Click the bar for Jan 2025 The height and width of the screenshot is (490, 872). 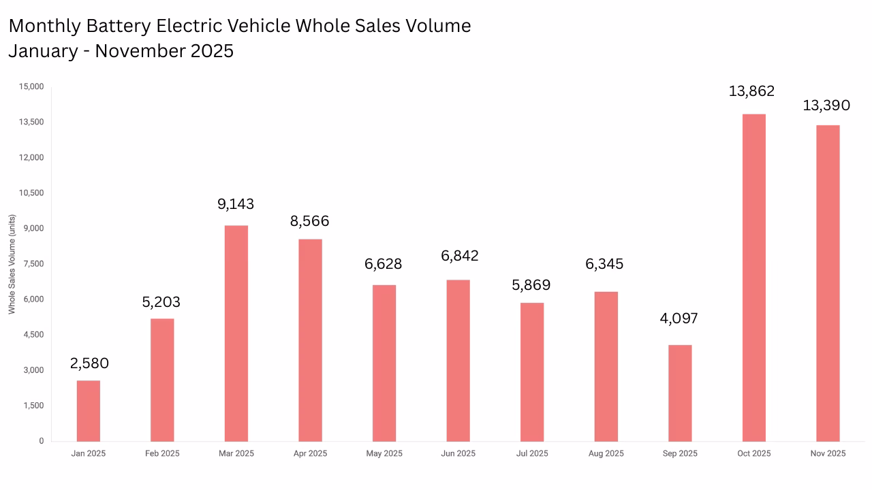[88, 410]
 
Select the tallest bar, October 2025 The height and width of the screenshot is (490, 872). [753, 277]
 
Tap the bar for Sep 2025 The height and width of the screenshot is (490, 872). [680, 393]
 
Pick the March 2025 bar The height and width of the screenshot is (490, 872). [236, 333]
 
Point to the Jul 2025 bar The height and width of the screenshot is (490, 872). [532, 372]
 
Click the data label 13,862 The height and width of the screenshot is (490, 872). [751, 91]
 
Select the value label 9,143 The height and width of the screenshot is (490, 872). [235, 203]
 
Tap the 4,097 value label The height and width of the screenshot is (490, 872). [679, 318]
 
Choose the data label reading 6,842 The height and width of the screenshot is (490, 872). [459, 256]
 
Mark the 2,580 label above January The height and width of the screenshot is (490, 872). [89, 363]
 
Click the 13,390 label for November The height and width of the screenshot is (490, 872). [826, 105]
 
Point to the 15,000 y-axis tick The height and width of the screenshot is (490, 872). [32, 86]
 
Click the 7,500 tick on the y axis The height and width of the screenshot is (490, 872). [34, 264]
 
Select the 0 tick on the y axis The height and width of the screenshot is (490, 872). [42, 441]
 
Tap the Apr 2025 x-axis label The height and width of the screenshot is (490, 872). [310, 453]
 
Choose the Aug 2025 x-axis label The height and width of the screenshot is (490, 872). [606, 453]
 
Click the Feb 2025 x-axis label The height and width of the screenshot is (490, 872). [162, 453]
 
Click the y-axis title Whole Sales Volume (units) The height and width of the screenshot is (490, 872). [12, 264]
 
